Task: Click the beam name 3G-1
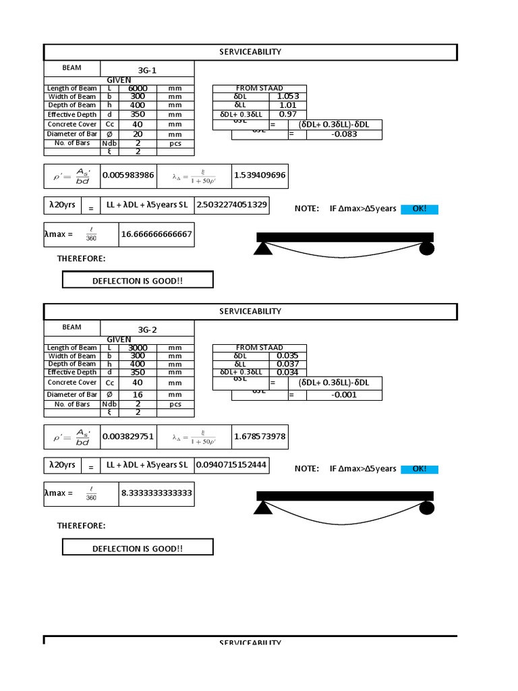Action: (x=147, y=70)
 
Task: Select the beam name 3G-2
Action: (x=147, y=329)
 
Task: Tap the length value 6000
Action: (x=138, y=88)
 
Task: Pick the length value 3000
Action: (x=138, y=348)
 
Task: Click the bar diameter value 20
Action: (x=138, y=134)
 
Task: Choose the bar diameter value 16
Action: (x=138, y=394)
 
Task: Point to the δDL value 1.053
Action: (x=287, y=96)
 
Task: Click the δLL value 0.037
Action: (x=287, y=364)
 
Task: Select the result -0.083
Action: (x=345, y=134)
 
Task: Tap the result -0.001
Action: (x=345, y=395)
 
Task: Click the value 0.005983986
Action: (x=128, y=175)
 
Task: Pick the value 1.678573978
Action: (x=260, y=436)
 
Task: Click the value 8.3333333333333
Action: (x=156, y=493)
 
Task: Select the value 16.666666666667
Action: (x=156, y=234)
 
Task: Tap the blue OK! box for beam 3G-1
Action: (x=420, y=209)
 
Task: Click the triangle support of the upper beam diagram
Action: (x=263, y=248)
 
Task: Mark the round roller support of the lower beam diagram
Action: (x=426, y=508)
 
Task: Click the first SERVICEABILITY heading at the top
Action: (x=250, y=52)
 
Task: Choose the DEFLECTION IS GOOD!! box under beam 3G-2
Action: (x=138, y=549)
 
